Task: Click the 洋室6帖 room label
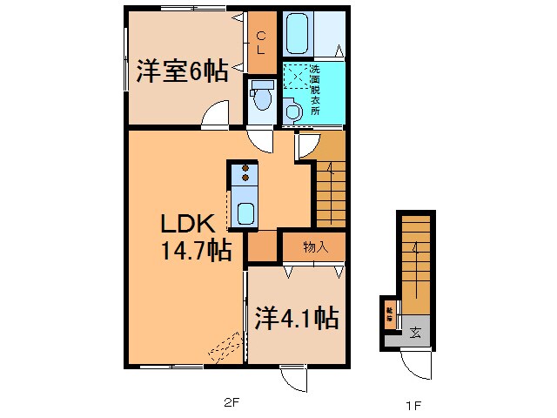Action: pos(182,71)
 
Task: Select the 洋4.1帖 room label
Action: pos(296,319)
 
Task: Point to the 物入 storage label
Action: pos(316,247)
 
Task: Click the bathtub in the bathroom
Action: pos(298,35)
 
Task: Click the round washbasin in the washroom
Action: pos(292,110)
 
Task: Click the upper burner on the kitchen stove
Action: pos(245,167)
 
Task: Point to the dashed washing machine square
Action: pos(298,79)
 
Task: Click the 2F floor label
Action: pos(230,403)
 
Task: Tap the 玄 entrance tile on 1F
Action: pos(416,331)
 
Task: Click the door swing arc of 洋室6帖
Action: pos(215,114)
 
